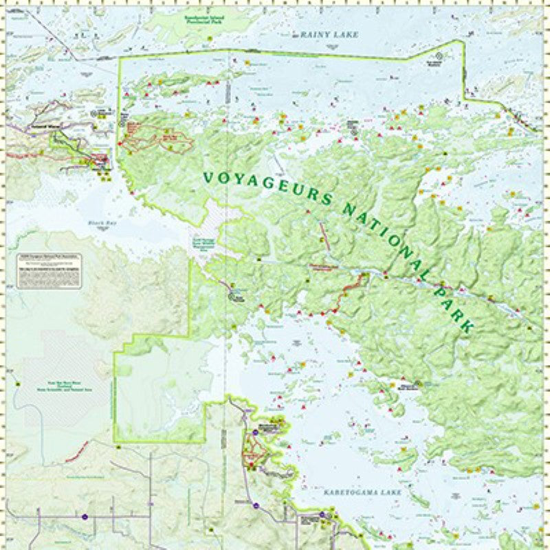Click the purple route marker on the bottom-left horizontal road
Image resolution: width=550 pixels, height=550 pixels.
pyautogui.click(x=85, y=516)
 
